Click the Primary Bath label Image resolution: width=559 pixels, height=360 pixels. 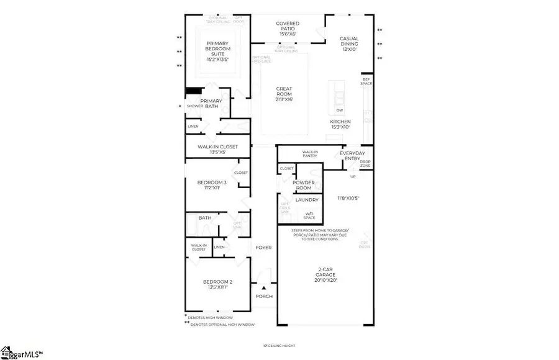211,104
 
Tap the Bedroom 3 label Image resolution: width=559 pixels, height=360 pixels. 212,186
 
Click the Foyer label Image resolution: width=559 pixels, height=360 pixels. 264,248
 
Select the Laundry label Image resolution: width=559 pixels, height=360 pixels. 307,200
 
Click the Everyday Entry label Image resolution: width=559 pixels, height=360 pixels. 350,156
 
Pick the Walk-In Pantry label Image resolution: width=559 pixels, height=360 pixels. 310,153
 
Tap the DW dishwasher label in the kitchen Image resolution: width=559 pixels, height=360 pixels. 340,110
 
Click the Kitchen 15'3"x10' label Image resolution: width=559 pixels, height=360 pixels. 340,124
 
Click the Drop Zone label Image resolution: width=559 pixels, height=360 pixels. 365,163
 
